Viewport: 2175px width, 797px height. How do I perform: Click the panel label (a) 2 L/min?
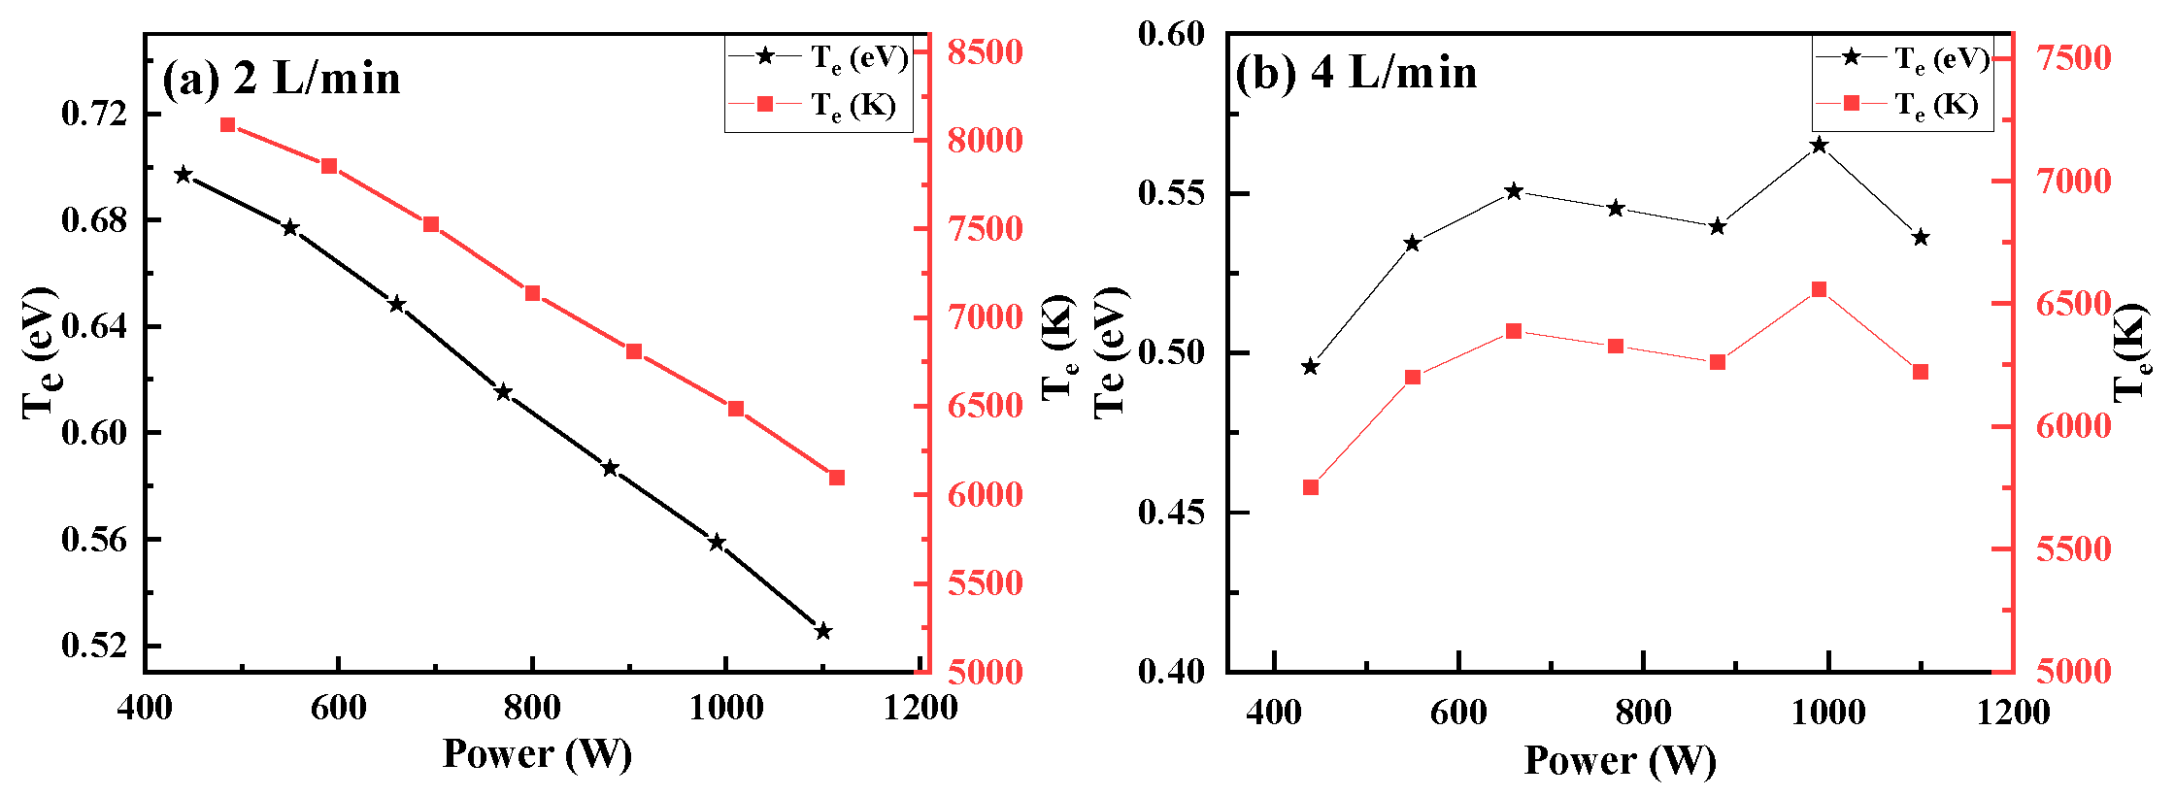click(281, 78)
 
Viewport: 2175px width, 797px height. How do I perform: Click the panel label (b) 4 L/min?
click(1355, 73)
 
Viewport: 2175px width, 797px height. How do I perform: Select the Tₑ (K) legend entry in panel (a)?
click(816, 104)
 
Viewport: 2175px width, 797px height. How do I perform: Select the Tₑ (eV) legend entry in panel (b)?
click(1901, 58)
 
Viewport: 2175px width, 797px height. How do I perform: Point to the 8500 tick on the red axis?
click(985, 51)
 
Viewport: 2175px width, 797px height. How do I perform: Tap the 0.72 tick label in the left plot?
click(94, 114)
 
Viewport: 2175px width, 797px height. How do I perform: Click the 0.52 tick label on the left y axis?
click(94, 646)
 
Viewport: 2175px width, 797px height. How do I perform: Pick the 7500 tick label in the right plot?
click(2073, 58)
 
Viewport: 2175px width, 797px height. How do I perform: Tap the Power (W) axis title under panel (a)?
click(537, 753)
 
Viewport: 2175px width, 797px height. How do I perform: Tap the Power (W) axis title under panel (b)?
click(1620, 759)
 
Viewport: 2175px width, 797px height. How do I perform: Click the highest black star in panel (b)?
click(1819, 146)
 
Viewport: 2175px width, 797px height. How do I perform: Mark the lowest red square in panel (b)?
click(1311, 487)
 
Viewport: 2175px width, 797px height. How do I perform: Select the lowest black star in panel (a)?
click(823, 631)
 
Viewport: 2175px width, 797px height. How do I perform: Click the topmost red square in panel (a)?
click(228, 124)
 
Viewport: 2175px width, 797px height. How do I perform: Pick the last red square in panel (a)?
click(837, 478)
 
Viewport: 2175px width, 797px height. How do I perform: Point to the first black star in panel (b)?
click(1311, 367)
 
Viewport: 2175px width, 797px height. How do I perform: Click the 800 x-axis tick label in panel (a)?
click(532, 708)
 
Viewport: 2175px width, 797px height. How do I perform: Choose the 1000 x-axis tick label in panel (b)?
click(1827, 713)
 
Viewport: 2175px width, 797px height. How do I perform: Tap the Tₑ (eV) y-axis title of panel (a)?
click(39, 354)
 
